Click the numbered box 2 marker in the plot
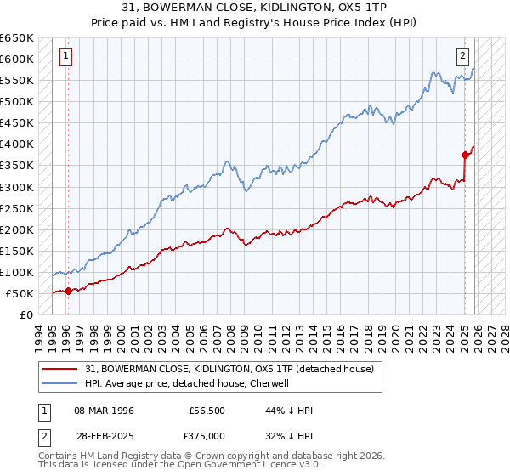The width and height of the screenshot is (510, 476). pos(463,57)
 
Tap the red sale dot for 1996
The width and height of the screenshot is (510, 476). pos(68,291)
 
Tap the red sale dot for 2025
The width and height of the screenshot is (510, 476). pos(465,155)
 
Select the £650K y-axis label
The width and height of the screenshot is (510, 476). pos(17,38)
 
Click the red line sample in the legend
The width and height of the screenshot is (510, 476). pos(61,368)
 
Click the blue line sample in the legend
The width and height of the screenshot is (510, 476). pos(61,382)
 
